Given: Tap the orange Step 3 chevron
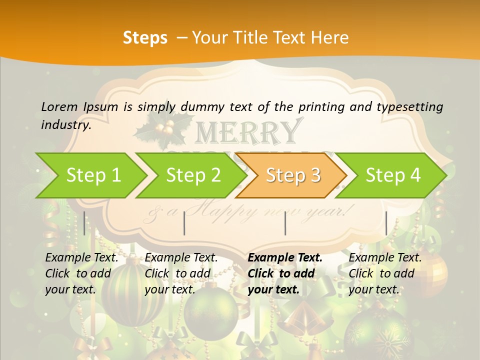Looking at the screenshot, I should pos(293,175).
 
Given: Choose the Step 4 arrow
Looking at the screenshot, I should pos(393,175).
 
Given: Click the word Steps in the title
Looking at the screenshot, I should pos(145,38).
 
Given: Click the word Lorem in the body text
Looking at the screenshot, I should pos(59,107).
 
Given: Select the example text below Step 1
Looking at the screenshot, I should pos(81,273).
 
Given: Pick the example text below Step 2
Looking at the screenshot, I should pos(181,273).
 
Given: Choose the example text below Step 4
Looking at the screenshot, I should pos(385,273).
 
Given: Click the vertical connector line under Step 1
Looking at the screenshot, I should pos(84,223).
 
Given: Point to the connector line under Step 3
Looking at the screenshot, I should pos(285,223).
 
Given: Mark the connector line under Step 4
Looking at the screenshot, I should pos(386,223).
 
